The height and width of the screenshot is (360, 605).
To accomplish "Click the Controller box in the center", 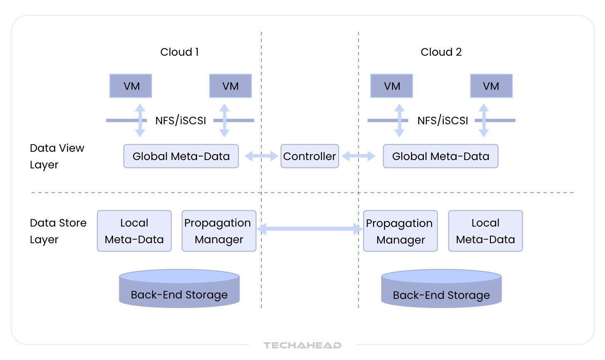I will pos(310,156).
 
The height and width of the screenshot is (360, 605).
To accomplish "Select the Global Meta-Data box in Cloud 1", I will pos(181,156).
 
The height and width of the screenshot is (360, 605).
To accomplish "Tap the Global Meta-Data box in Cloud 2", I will pos(440,156).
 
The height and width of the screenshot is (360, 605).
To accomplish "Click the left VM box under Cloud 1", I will pos(131,86).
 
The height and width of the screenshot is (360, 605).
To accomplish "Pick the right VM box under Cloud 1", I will pos(231,86).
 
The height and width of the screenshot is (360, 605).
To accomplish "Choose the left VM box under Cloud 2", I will pos(391,86).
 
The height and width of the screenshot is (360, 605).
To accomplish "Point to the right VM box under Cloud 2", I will pos(491,86).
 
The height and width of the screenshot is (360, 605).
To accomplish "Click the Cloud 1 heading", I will pos(180,52).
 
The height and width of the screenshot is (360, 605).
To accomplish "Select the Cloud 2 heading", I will pos(441,52).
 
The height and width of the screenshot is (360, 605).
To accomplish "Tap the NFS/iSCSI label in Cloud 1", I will pos(181,121).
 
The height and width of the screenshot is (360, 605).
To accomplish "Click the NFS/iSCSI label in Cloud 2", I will pos(443,121).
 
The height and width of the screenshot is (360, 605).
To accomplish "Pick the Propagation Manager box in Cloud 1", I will pos(219,231).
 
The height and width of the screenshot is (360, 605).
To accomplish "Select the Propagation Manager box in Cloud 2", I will pos(400,231).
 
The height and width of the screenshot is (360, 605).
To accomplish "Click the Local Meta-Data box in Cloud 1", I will pos(134,231).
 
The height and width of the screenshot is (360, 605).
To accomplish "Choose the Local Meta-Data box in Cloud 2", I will pos(485,231).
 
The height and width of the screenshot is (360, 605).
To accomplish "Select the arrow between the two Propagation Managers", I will pos(310,229).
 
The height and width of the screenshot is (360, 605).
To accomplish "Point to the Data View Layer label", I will pos(57,156).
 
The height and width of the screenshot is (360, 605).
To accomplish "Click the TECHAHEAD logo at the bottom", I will pos(302,345).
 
